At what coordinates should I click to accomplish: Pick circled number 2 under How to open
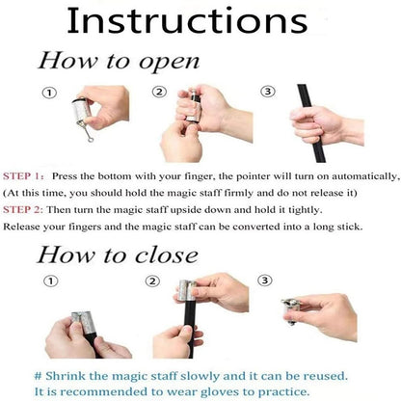(159, 94)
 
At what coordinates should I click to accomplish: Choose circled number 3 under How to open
(269, 93)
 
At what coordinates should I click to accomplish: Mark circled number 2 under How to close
(151, 281)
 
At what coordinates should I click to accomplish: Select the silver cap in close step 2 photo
(189, 293)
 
